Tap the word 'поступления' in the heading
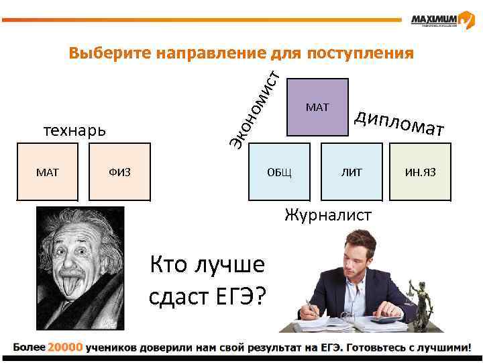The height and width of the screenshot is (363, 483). coord(359,52)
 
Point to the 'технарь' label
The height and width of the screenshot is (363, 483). coord(74,130)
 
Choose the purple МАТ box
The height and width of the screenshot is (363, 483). coord(317,107)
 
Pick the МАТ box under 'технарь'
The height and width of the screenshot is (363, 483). coord(48,173)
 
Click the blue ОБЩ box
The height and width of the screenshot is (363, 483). coord(279,173)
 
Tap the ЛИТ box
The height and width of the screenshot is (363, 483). coord(351,173)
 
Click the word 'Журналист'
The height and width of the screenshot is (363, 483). coord(327,215)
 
